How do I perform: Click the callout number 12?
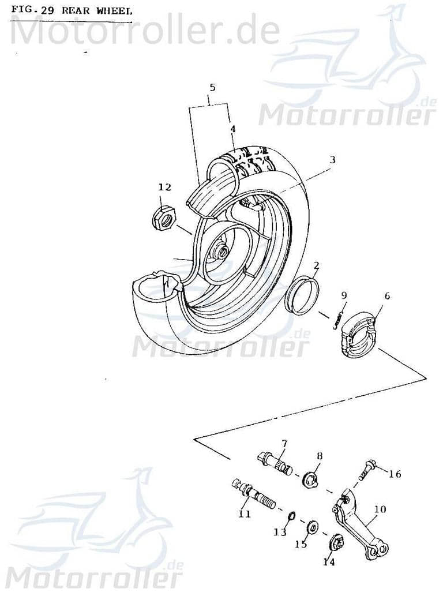(165, 187)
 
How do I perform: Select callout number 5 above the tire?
(212, 88)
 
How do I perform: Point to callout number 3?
(332, 159)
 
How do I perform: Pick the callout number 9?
(344, 295)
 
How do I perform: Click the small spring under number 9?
(339, 319)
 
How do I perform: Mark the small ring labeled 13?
(292, 515)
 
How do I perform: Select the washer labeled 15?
(314, 526)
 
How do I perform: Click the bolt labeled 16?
(367, 468)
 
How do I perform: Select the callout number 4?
(232, 129)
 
